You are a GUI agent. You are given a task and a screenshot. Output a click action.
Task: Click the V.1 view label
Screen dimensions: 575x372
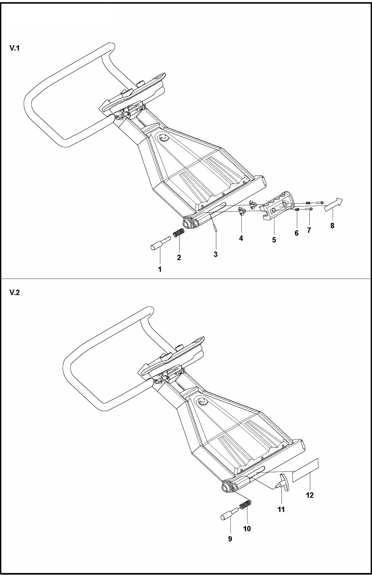pyautogui.click(x=14, y=48)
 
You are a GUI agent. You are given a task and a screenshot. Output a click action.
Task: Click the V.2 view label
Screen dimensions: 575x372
pyautogui.click(x=14, y=293)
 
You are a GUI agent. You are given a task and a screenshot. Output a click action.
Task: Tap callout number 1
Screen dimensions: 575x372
pyautogui.click(x=160, y=269)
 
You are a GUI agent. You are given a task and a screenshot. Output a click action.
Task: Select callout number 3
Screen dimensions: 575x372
pyautogui.click(x=215, y=254)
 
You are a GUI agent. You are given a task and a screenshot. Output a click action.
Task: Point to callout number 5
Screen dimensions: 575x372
pyautogui.click(x=274, y=240)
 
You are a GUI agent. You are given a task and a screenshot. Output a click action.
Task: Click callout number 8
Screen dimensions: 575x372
pyautogui.click(x=332, y=226)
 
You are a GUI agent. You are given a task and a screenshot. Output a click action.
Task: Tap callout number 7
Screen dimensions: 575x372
pyautogui.click(x=309, y=230)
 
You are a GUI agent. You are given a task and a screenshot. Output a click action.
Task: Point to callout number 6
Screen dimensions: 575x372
pyautogui.click(x=296, y=233)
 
